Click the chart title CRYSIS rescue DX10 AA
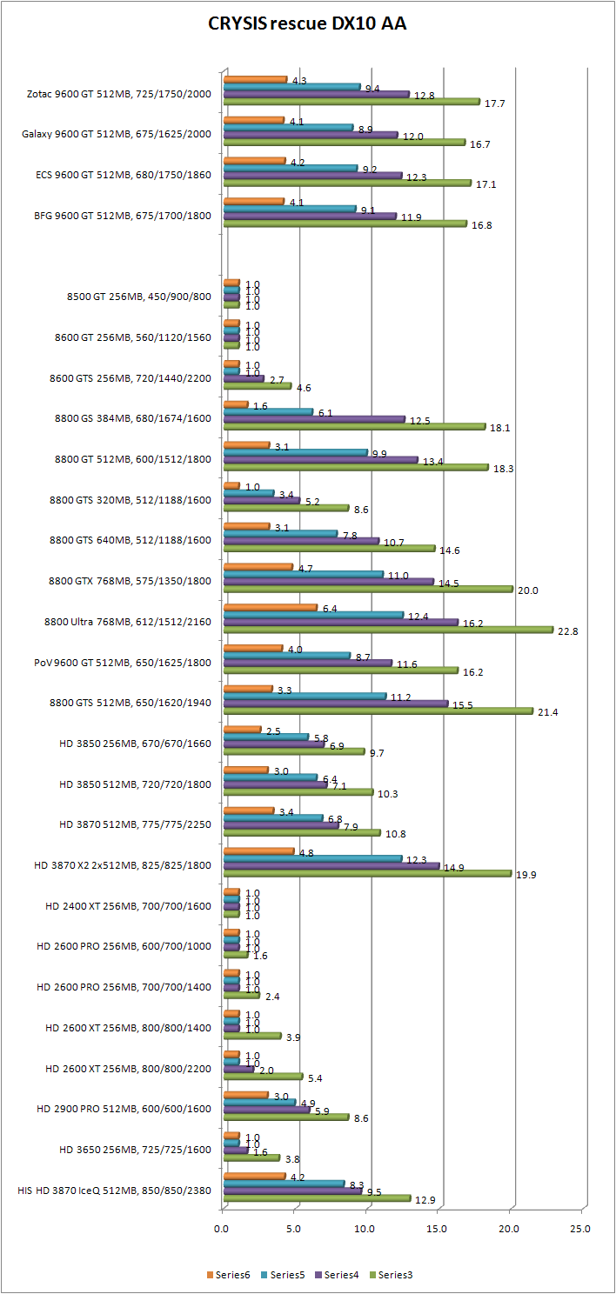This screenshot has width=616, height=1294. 307,24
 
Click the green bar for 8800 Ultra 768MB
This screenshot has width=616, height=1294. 388,630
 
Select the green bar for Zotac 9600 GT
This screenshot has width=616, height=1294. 352,102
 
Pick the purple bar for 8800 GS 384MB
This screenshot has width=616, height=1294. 314,419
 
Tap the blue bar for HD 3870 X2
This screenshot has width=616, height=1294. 313,858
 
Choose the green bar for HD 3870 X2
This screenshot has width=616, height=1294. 367,873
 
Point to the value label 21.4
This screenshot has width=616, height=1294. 547,711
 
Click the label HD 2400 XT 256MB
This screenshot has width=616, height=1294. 128,905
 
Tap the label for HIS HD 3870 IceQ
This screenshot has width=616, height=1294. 114,1190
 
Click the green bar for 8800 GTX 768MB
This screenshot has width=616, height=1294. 368,589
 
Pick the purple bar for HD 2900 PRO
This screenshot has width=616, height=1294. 266,1110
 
